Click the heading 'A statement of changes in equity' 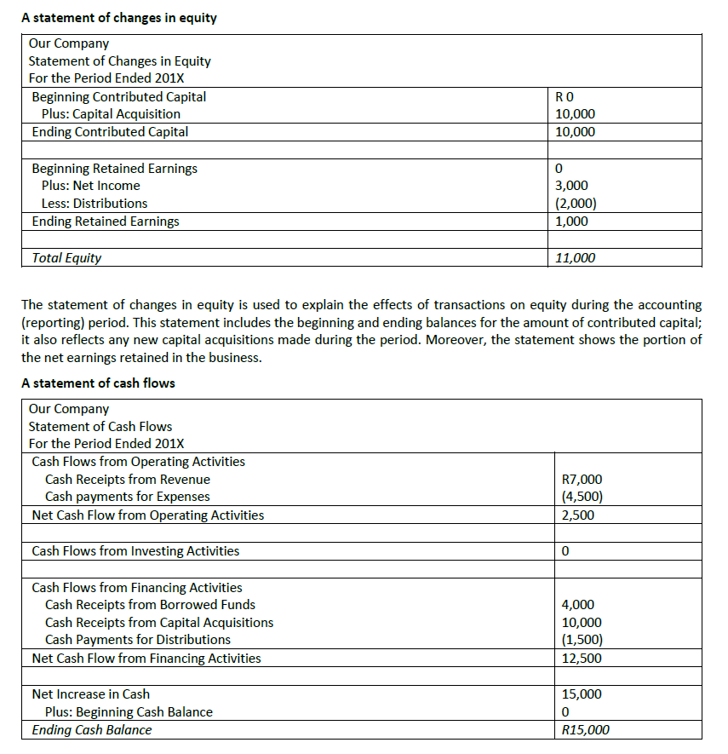point(118,17)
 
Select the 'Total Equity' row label point(66,258)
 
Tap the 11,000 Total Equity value point(575,258)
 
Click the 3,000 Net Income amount point(570,186)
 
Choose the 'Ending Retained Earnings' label point(106,222)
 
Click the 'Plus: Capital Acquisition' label point(111,114)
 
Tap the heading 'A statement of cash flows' point(98,383)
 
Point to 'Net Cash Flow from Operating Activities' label point(147,515)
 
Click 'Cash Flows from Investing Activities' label point(135,551)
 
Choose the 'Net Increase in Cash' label point(90,694)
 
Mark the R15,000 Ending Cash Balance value point(586,730)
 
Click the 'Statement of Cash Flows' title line point(100,426)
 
